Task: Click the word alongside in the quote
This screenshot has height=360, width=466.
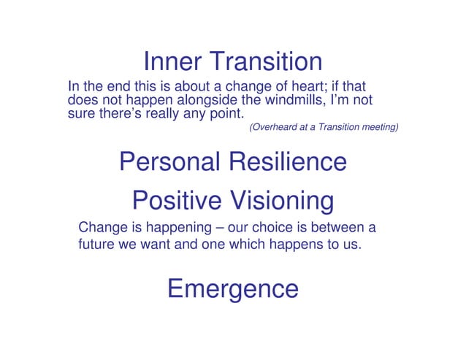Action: [x=209, y=99]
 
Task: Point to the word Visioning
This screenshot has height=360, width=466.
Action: [x=282, y=199]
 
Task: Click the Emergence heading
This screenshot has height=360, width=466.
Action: [x=233, y=288]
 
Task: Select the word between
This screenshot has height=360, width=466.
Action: [x=343, y=226]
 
